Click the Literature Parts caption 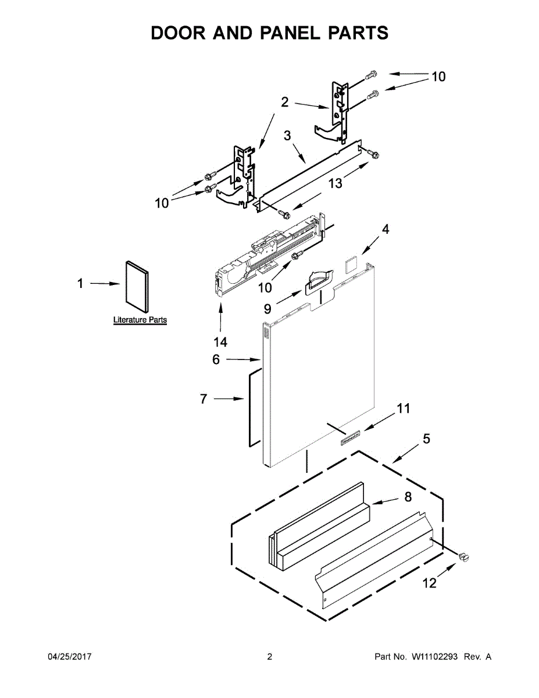140,320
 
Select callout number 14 220,341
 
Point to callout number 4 385,229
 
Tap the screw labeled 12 464,557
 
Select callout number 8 408,497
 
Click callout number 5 426,439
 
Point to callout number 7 204,399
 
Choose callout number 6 216,360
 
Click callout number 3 287,136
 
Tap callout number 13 335,183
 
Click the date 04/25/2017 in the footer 69,657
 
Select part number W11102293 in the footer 436,657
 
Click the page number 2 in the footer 269,657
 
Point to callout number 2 284,102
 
